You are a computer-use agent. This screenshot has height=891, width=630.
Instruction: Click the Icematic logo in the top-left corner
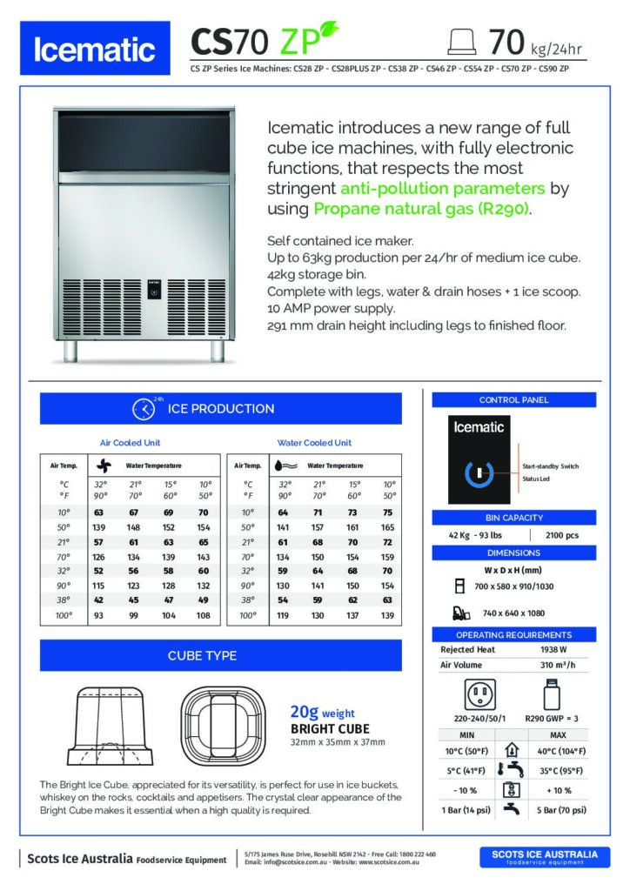click(x=94, y=50)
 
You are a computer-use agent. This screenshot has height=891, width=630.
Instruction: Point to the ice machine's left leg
click(x=70, y=350)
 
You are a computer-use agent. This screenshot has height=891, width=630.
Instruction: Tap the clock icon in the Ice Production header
click(x=143, y=409)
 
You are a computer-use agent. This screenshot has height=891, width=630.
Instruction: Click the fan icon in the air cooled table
click(x=103, y=466)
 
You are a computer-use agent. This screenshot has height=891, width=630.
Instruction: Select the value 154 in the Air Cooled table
click(x=204, y=527)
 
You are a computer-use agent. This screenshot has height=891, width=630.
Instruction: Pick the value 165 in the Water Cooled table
click(x=388, y=527)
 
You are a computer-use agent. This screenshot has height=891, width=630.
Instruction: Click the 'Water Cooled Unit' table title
click(x=314, y=442)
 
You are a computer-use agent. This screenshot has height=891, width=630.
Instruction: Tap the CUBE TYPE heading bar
click(x=220, y=655)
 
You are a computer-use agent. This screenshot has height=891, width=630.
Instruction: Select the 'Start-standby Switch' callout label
click(x=550, y=466)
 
